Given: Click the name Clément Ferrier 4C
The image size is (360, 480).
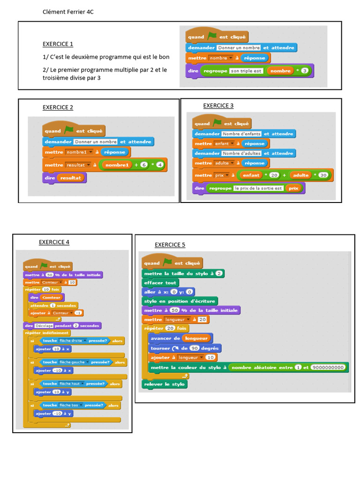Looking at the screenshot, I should (x=68, y=12).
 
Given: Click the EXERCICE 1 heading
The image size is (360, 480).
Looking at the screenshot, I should (x=58, y=44).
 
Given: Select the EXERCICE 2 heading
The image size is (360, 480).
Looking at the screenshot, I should (x=58, y=107).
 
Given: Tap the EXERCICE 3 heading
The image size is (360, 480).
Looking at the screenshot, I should (x=218, y=105).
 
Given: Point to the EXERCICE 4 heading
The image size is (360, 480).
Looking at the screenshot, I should (x=54, y=242).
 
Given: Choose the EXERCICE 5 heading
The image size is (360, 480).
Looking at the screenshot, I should (x=170, y=245).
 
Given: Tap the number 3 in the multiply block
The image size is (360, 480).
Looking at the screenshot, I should (x=304, y=71).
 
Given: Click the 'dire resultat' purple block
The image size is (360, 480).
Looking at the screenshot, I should (x=64, y=178).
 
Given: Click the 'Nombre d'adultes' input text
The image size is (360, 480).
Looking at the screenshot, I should (x=241, y=153).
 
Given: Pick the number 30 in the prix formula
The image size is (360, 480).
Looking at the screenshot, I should (x=322, y=175).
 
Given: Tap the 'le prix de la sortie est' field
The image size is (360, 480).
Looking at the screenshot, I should (x=259, y=188).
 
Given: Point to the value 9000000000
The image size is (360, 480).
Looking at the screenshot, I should (x=328, y=367).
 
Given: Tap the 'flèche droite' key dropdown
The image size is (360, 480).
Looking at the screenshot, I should (x=71, y=341).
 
